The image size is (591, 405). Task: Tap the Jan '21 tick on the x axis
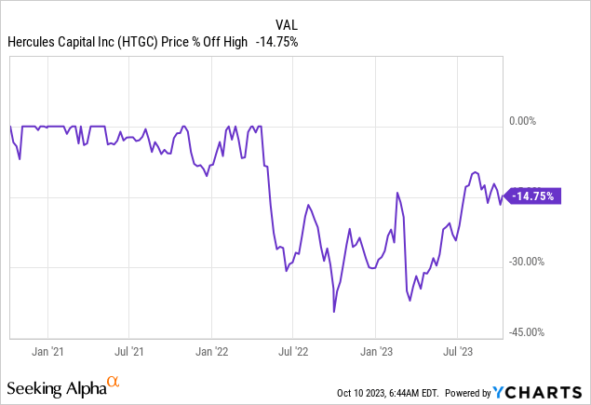tap(47, 353)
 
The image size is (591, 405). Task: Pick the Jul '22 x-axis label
tap(294, 353)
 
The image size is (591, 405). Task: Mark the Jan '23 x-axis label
tap(376, 353)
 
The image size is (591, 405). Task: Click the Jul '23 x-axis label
tap(458, 353)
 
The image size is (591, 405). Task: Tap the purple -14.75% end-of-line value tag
tap(535, 196)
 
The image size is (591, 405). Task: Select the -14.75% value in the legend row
tap(275, 41)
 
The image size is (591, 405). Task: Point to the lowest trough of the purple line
tap(334, 312)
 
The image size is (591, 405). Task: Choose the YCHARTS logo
tap(548, 392)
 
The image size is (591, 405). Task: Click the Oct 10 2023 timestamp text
tap(382, 393)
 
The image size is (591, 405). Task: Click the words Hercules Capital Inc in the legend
tap(59, 41)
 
